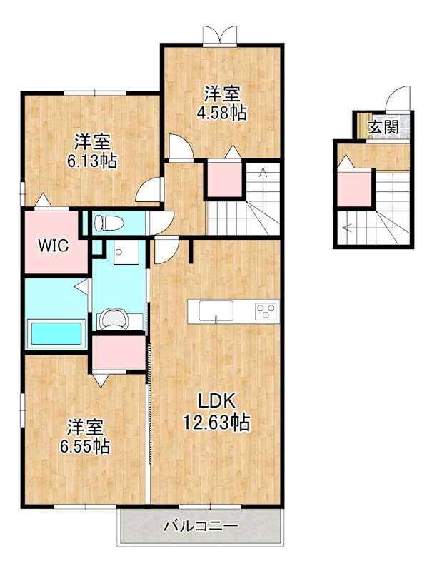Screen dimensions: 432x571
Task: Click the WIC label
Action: [x=54, y=246]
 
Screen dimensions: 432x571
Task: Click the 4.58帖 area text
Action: [x=221, y=113]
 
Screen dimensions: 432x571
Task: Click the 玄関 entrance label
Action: [x=383, y=127]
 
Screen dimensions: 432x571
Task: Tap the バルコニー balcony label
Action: [x=201, y=526]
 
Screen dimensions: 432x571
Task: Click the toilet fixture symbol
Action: [x=107, y=223]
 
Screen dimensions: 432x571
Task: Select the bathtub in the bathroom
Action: [x=56, y=333]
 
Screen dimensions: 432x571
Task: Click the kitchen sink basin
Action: [x=216, y=311]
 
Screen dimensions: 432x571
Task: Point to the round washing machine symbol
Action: [x=114, y=319]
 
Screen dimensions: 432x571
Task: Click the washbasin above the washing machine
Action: [x=126, y=252]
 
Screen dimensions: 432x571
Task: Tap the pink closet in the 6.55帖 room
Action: [x=119, y=353]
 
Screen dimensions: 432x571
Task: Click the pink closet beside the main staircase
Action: [x=225, y=180]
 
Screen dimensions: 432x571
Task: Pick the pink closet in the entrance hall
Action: [x=354, y=188]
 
